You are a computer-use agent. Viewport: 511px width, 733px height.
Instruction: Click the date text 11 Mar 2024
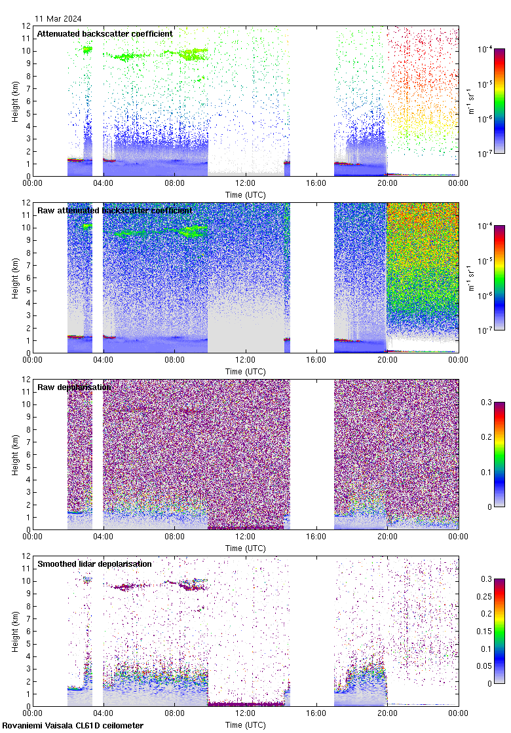coord(58,19)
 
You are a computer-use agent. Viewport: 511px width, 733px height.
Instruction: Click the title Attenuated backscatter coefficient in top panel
coord(105,33)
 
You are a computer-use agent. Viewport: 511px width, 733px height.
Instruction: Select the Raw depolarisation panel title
coord(74,387)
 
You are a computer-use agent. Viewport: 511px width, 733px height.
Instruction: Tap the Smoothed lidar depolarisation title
coord(94,563)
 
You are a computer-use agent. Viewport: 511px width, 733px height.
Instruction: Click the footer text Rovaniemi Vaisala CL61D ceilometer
coord(73,726)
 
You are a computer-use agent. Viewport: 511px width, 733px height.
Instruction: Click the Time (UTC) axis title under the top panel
coord(246,194)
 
